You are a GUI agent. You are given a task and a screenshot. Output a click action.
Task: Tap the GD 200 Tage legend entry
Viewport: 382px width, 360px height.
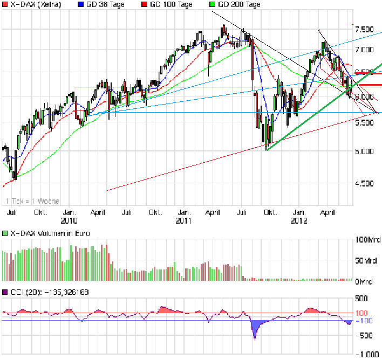pos(238,4)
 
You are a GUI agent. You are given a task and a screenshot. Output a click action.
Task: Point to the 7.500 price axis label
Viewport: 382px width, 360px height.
pos(364,30)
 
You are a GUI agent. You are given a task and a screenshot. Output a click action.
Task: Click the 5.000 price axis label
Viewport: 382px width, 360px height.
pos(364,151)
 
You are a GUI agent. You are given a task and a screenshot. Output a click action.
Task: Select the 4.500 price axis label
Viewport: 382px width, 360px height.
pos(364,184)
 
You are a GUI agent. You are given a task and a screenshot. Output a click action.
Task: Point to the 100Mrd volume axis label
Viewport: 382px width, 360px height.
pos(366,239)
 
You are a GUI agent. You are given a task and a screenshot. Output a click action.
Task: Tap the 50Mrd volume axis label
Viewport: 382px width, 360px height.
pos(366,261)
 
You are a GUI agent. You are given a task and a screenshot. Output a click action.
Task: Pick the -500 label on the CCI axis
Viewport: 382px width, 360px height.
pos(365,335)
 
